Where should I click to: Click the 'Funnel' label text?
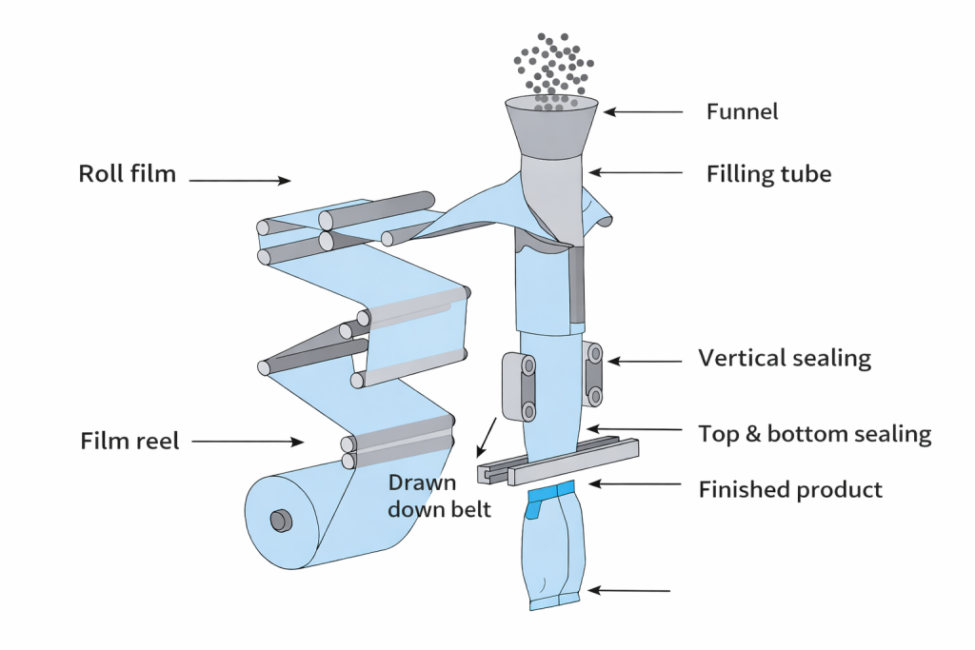[742, 111]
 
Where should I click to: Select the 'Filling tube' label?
[768, 174]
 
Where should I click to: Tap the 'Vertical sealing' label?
[785, 359]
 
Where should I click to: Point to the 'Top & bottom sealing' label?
[814, 434]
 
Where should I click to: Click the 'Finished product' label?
[790, 490]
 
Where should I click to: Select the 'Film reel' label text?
[129, 442]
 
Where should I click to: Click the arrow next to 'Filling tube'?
[635, 172]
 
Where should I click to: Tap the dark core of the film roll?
[280, 520]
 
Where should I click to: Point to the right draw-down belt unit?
[594, 374]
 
